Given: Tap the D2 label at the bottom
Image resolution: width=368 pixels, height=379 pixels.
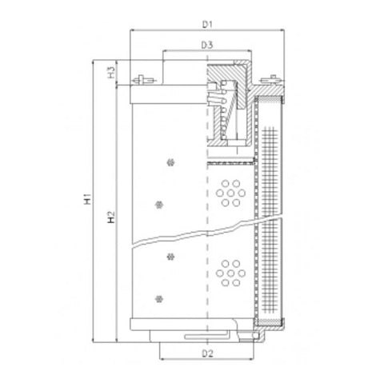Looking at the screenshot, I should click(206, 352).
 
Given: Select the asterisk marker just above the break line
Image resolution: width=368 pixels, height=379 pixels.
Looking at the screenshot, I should click(158, 203).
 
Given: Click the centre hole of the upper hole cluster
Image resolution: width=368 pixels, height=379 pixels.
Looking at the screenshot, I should click(234, 193).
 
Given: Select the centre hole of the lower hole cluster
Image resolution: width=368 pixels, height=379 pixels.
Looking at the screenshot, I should click(234, 273).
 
